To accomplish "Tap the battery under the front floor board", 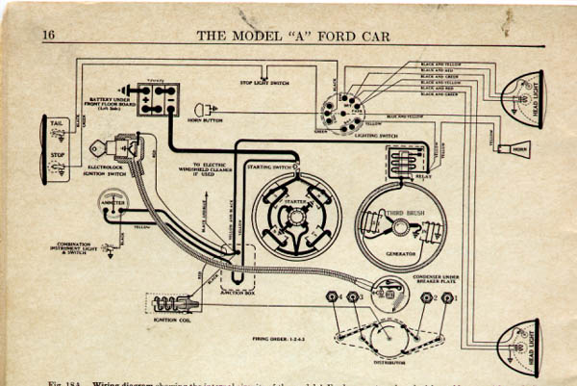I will tap(158, 97).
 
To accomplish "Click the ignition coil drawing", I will tap(179, 303).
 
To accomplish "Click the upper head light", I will tap(524, 96).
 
